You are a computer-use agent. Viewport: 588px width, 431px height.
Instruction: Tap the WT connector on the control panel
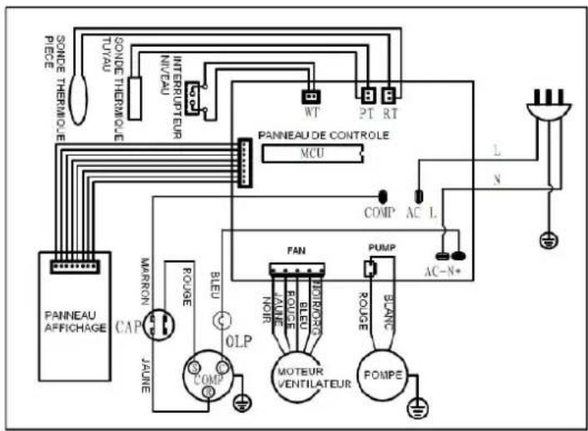click(310, 94)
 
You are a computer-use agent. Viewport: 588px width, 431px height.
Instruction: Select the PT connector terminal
click(367, 94)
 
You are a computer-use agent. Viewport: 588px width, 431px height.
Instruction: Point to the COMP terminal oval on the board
click(383, 197)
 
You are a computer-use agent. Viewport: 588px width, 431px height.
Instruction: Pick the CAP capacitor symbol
click(159, 325)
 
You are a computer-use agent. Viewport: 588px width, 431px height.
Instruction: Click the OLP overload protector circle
click(223, 320)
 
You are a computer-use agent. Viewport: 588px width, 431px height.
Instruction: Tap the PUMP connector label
click(376, 248)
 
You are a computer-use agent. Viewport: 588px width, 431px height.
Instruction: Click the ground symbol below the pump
click(416, 408)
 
